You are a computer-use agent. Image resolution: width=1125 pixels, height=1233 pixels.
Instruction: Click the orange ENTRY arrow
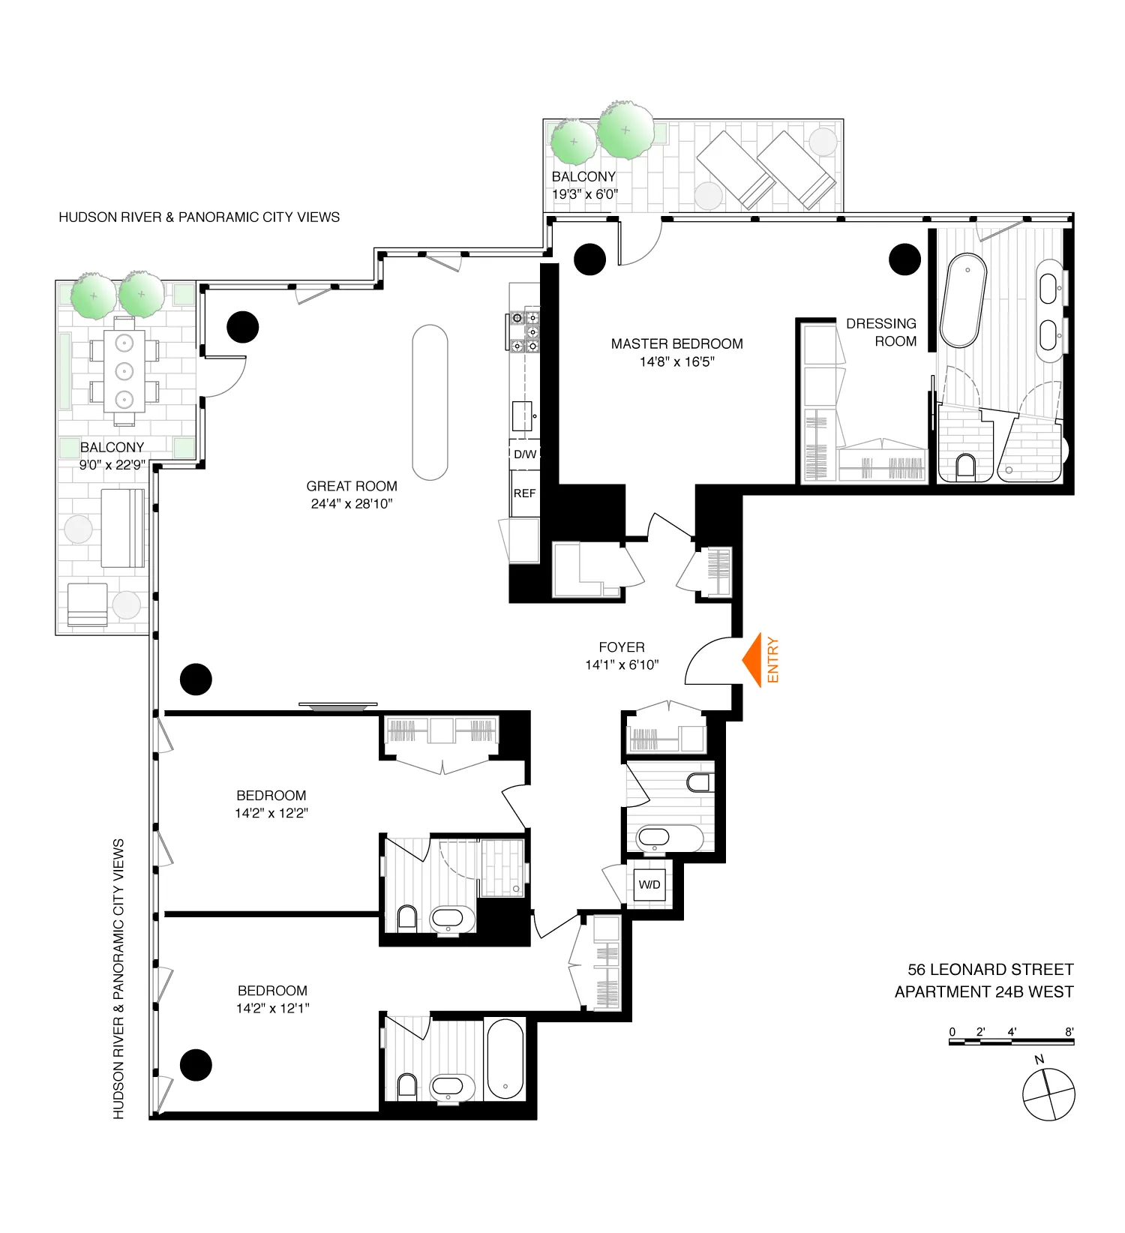pyautogui.click(x=753, y=659)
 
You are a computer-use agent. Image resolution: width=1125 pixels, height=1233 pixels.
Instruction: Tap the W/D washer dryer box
pyautogui.click(x=649, y=884)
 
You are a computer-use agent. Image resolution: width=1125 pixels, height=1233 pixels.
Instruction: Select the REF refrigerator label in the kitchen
pyautogui.click(x=524, y=493)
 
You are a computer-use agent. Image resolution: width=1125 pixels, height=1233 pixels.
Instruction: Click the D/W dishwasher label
pyautogui.click(x=524, y=454)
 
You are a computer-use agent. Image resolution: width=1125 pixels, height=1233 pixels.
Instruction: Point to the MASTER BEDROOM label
pyautogui.click(x=676, y=343)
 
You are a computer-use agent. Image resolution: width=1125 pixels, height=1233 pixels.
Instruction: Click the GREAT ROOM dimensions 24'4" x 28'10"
pyautogui.click(x=352, y=504)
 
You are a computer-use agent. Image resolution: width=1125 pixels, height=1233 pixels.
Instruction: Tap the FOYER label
pyautogui.click(x=621, y=646)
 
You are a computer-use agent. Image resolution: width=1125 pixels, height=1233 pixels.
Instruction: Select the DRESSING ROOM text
pyautogui.click(x=882, y=332)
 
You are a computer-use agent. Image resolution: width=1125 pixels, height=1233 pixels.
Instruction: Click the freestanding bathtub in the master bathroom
pyautogui.click(x=963, y=300)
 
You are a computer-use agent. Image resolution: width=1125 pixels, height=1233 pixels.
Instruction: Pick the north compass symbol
pyautogui.click(x=1048, y=1093)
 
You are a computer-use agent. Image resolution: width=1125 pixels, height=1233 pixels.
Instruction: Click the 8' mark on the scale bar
pyautogui.click(x=1069, y=1032)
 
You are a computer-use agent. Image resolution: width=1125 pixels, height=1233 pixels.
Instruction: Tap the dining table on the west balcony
pyautogui.click(x=124, y=370)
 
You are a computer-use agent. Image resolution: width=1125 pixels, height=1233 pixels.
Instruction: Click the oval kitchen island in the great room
pyautogui.click(x=430, y=402)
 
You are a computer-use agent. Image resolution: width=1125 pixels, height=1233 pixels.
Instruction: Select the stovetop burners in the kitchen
pyautogui.click(x=525, y=331)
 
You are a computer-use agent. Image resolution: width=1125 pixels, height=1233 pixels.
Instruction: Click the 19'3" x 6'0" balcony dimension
pyautogui.click(x=585, y=194)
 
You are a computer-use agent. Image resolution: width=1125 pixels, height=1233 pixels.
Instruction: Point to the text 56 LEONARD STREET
pyautogui.click(x=990, y=969)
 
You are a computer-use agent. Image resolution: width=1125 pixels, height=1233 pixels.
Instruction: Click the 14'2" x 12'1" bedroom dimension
pyautogui.click(x=272, y=1008)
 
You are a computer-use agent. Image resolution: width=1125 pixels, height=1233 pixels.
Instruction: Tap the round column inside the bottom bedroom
pyautogui.click(x=196, y=1064)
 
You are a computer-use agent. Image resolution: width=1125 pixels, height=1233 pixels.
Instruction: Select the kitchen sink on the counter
pyautogui.click(x=522, y=415)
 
